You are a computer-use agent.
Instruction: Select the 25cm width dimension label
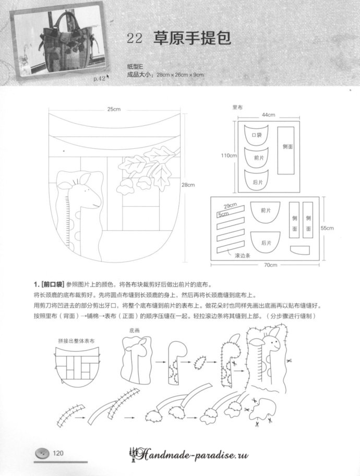click(x=114, y=109)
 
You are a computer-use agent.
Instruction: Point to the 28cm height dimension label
click(x=187, y=185)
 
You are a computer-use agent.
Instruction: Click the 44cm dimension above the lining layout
click(x=268, y=114)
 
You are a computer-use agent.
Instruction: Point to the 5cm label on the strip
click(x=224, y=214)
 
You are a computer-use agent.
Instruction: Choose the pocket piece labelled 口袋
click(x=256, y=135)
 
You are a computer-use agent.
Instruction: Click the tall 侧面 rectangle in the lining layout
click(x=286, y=150)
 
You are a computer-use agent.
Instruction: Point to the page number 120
click(x=57, y=453)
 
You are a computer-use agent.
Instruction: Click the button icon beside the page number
click(x=42, y=453)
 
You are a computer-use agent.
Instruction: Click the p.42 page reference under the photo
click(x=99, y=79)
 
